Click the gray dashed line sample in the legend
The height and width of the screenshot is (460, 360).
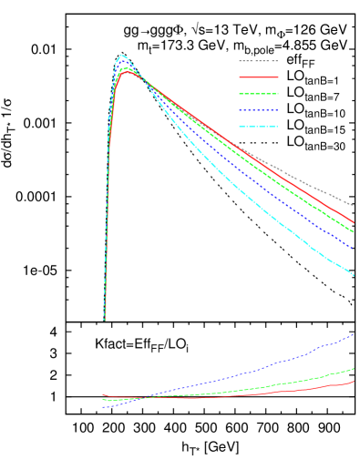tap(258, 61)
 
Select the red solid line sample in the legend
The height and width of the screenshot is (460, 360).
tap(258, 77)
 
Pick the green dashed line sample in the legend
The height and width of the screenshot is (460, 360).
tap(258, 94)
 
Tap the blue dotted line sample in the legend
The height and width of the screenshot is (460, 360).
tap(258, 110)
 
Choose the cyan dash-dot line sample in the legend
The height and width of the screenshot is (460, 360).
tap(258, 127)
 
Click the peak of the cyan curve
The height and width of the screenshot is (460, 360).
tap(121, 55)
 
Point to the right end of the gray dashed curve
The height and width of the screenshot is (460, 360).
tap(354, 205)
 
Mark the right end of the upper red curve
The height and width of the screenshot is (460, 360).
tap(354, 222)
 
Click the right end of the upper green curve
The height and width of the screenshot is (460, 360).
tap(354, 231)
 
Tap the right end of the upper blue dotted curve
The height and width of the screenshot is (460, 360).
tap(354, 248)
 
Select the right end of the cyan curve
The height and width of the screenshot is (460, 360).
tap(354, 275)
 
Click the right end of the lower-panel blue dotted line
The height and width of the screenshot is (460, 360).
tap(354, 334)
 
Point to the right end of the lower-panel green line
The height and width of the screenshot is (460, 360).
tap(354, 369)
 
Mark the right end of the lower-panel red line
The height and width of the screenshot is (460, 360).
tap(354, 382)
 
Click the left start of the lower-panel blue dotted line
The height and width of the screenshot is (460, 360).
tap(103, 407)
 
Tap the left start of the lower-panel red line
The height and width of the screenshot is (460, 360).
tap(103, 394)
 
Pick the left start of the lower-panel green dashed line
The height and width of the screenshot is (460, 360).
tap(103, 399)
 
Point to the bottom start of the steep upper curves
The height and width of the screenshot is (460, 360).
tap(104, 319)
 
